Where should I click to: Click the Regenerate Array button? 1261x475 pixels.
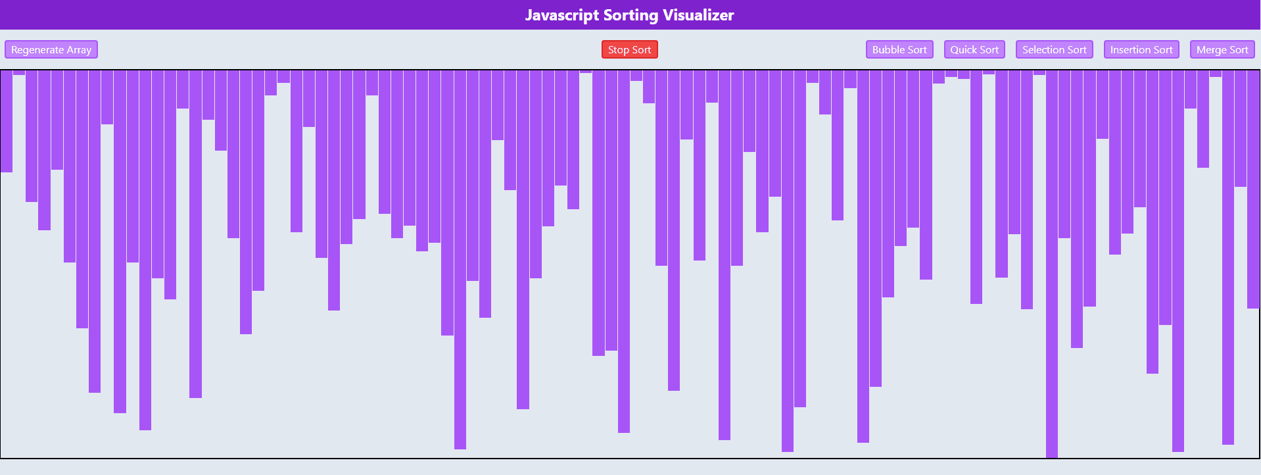[x=51, y=50]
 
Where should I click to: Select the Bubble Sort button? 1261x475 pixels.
[x=899, y=50]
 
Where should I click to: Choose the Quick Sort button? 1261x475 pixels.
[x=974, y=50]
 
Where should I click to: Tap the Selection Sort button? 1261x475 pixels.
[x=1054, y=50]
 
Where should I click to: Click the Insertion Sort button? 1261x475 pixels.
[x=1141, y=50]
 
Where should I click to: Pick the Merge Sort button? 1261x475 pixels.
[x=1222, y=50]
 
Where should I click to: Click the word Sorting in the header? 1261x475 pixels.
[x=630, y=15]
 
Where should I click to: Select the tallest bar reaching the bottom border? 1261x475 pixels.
[x=1051, y=263]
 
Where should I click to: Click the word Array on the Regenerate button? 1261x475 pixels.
[x=79, y=50]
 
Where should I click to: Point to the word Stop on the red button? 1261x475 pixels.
[x=619, y=50]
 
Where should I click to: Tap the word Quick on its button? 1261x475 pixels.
[x=964, y=50]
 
